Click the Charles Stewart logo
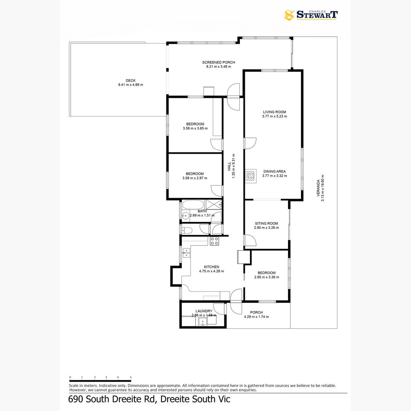point(311,15)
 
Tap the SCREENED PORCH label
point(218,62)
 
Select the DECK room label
point(131,80)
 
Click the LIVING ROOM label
point(274,112)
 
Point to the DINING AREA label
point(274,171)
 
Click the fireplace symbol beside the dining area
point(250,175)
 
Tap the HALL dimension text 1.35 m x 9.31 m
point(234,166)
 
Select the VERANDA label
point(318,188)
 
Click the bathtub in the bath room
point(193,204)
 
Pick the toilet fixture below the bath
point(187,230)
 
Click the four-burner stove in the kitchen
point(214,241)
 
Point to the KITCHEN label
point(212,267)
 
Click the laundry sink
point(202,321)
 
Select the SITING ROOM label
point(266,223)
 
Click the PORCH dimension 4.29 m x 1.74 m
point(256,317)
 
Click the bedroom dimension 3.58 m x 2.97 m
point(195,178)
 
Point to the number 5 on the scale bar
point(131,377)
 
